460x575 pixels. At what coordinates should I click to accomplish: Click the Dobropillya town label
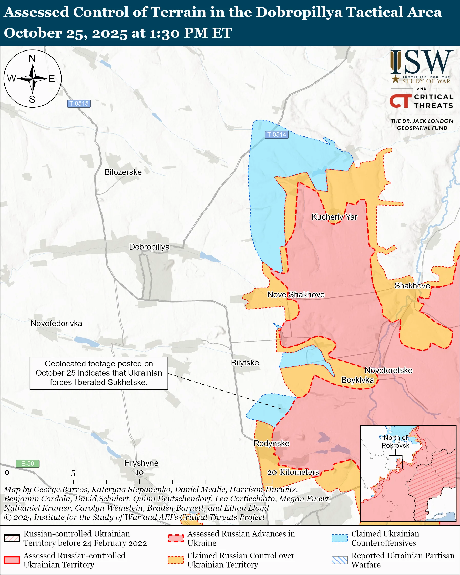tap(149, 247)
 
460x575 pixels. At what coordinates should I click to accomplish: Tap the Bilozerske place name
tap(123, 172)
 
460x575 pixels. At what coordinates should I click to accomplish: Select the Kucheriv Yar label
tap(334, 217)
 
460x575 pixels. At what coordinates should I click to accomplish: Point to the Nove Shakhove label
tap(296, 294)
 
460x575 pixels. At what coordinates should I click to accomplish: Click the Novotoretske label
tap(388, 370)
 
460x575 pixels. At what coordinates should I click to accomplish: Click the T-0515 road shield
tap(79, 104)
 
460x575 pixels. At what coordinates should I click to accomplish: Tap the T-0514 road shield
tap(277, 135)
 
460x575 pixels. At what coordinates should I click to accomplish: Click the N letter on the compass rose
tap(32, 58)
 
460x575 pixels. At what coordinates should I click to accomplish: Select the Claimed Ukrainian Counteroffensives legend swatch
tap(340, 538)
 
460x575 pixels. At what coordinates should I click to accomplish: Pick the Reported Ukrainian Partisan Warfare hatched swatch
tap(340, 560)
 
